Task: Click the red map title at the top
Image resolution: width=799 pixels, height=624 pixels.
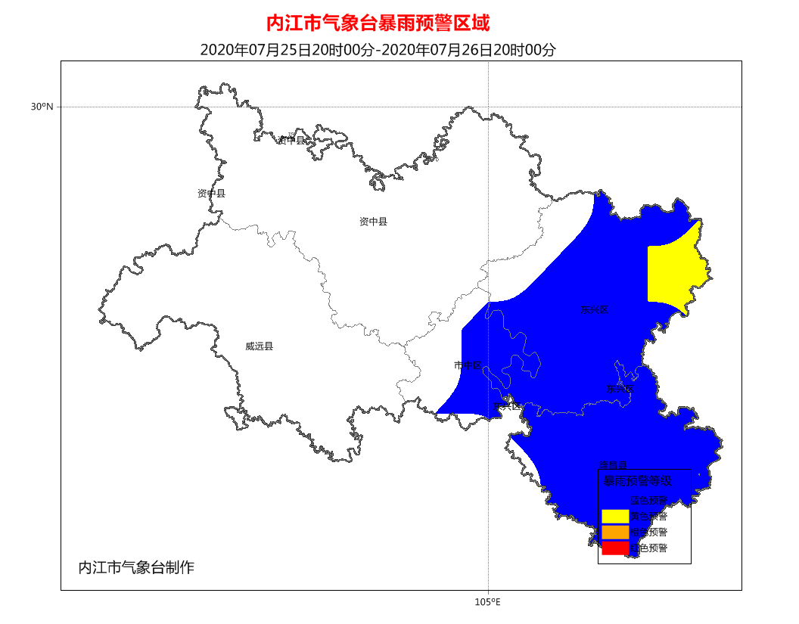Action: point(378,23)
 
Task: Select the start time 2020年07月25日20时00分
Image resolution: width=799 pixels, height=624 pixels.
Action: point(288,50)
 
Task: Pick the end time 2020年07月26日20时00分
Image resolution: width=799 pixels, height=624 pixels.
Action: point(468,50)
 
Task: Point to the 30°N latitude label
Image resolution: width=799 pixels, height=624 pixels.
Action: point(42,107)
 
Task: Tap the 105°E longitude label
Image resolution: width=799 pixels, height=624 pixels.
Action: point(488,602)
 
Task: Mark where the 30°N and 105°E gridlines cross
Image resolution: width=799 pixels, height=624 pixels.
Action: point(488,107)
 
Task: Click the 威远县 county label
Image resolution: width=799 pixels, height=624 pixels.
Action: point(259,346)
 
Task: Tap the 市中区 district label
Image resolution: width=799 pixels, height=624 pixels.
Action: point(468,365)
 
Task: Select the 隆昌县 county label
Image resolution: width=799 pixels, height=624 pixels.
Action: point(613,465)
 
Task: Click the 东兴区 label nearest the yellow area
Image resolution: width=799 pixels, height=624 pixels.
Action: point(594,309)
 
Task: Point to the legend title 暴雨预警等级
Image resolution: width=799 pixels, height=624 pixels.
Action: point(636,481)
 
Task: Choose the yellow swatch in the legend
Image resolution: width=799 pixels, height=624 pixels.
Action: point(615,516)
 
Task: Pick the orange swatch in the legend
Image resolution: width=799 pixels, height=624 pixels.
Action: point(615,532)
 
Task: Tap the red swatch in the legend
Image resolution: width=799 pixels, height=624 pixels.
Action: point(615,548)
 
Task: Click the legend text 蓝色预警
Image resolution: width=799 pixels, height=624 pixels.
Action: point(649,500)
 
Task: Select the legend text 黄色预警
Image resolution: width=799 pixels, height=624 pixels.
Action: point(649,517)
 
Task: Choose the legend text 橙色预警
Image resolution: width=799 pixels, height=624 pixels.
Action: point(649,532)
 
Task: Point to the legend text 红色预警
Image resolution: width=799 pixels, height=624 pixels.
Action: point(649,548)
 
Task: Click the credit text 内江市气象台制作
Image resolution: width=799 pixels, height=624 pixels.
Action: point(136,567)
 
